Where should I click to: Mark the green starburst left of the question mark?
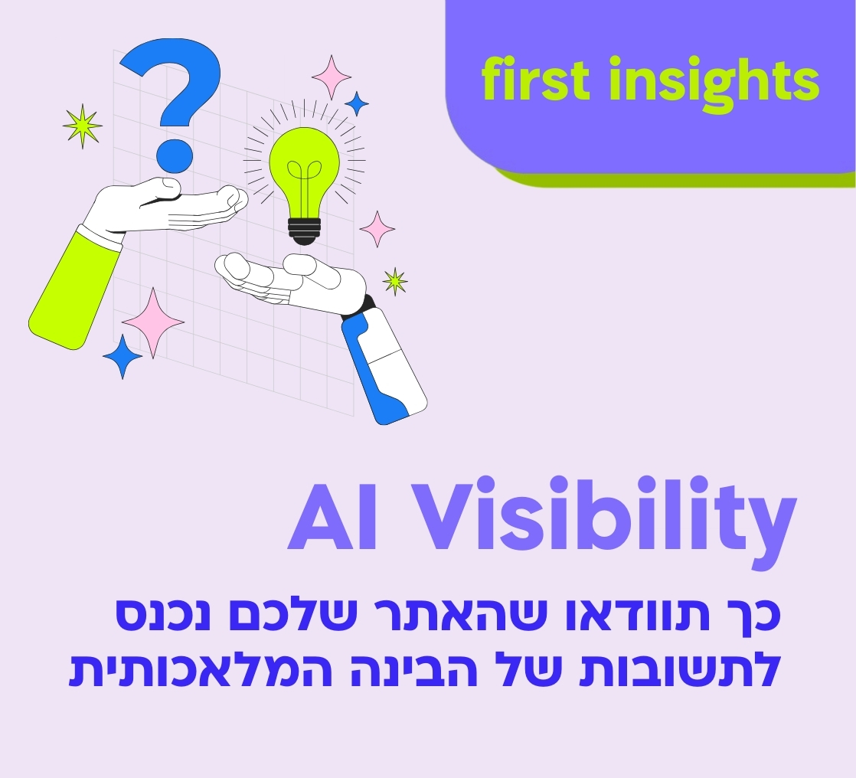click(83, 125)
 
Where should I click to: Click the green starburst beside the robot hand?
click(395, 281)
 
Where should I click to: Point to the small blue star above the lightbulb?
click(356, 103)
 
